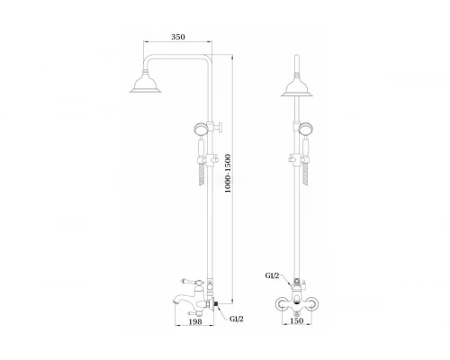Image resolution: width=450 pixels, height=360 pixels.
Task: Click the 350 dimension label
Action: tap(178, 37)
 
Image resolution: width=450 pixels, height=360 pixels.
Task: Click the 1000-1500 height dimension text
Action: tap(228, 173)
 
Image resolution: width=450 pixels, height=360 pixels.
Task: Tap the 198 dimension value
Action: tap(195, 321)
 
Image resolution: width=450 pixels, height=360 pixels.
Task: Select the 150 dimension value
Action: tap(296, 320)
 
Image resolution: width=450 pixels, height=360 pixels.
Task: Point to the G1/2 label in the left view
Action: tap(237, 319)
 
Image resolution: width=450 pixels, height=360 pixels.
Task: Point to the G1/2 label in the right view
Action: tap(272, 275)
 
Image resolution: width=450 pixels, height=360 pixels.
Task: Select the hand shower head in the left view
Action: tap(201, 130)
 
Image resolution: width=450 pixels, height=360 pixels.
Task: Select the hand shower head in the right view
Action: tap(306, 129)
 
